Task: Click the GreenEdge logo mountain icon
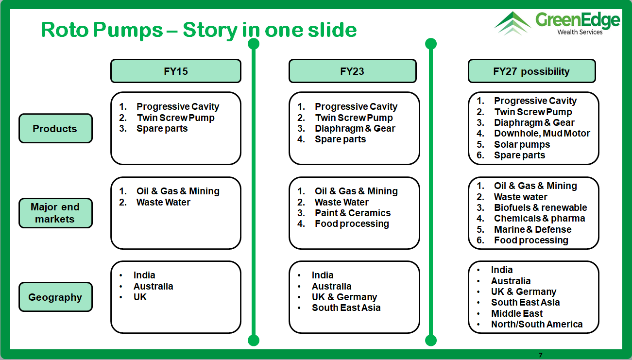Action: [x=513, y=23]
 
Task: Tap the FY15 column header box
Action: [x=176, y=71]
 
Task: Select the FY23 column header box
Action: [x=352, y=71]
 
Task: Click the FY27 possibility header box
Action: [x=532, y=71]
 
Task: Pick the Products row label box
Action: [x=55, y=128]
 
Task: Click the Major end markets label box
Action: [x=55, y=213]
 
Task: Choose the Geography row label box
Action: [x=55, y=297]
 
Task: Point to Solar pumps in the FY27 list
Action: [x=522, y=144]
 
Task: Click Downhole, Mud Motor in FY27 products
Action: [x=542, y=133]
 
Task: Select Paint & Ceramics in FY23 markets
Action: [x=353, y=213]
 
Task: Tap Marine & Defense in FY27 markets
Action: [x=533, y=229]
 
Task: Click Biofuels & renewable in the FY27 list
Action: [x=541, y=207]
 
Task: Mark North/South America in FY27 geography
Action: [x=537, y=324]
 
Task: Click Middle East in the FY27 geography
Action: [x=517, y=313]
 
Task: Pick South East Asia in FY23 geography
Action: [x=346, y=308]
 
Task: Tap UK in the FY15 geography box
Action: [x=140, y=297]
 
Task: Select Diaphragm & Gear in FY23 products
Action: [x=355, y=128]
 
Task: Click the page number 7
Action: [x=541, y=355]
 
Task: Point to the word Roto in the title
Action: [x=65, y=30]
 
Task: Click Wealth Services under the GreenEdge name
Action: [x=580, y=32]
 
